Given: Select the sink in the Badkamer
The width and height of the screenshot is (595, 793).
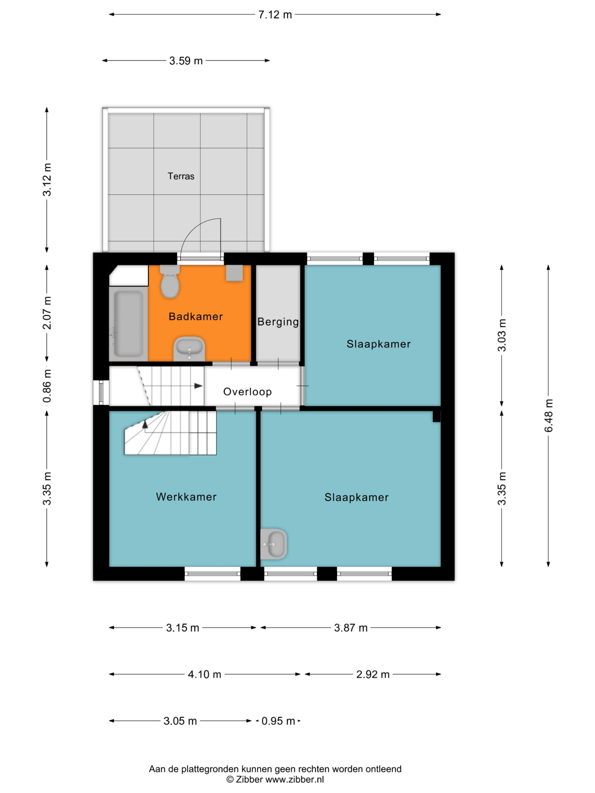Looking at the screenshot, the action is (189, 349).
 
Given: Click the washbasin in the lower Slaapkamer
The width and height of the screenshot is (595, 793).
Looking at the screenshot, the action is (273, 544).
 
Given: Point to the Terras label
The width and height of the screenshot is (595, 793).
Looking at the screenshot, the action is (181, 176).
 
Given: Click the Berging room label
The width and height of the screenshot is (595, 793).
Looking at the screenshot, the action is (278, 322).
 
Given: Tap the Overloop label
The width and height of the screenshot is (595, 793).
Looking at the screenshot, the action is (248, 392).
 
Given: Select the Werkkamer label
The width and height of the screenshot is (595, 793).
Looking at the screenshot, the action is (186, 497).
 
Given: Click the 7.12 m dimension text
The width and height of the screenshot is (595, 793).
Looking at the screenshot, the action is (275, 15).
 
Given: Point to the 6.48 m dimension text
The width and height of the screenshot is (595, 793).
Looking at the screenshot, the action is (548, 415).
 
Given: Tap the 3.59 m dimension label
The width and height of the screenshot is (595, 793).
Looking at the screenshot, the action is (186, 61).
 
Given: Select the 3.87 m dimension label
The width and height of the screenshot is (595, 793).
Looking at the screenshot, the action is (351, 628).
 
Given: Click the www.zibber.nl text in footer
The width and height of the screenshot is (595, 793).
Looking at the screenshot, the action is (295, 779).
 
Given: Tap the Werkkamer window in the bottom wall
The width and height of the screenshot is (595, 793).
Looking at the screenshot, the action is (212, 574).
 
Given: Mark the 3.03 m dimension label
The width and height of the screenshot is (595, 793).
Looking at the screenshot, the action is (502, 335).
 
